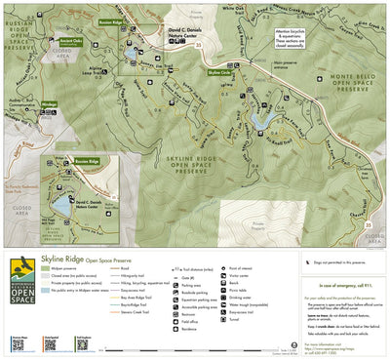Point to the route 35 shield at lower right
point(368,226)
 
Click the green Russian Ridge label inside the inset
point(87,162)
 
